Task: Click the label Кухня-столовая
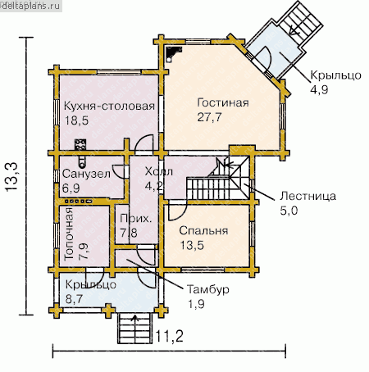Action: point(109,107)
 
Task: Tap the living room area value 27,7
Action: point(209,117)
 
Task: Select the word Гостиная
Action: point(223,102)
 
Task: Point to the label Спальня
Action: point(203,231)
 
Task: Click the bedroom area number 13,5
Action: point(192,245)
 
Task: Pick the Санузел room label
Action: point(86,174)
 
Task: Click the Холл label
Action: point(159,172)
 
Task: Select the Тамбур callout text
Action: point(208,289)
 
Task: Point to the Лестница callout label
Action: point(307,196)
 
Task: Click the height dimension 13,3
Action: point(11,177)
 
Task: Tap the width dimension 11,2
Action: point(169,336)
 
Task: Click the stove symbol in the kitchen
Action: point(80,144)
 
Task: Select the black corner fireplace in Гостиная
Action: point(173,52)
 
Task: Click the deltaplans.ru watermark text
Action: point(30,6)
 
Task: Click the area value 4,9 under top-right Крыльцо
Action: point(319,89)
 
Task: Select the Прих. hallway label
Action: point(135,219)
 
